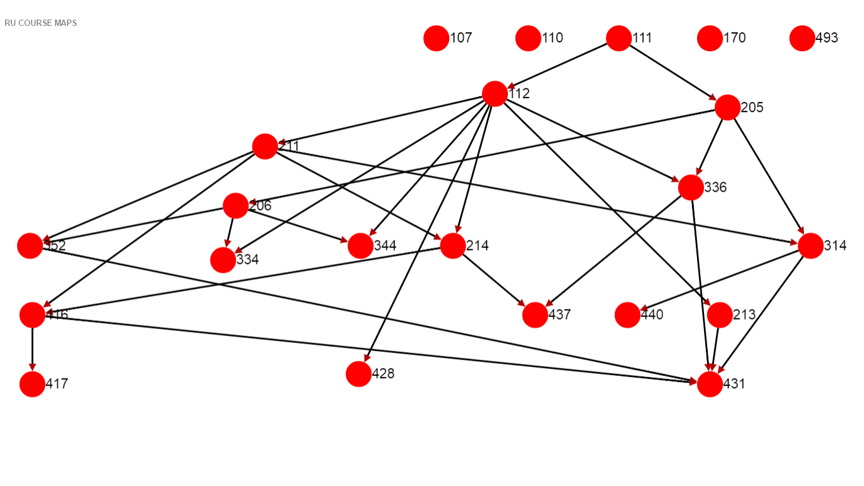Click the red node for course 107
pos(436,38)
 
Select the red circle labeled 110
pos(528,38)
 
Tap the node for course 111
pos(619,38)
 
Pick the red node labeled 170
pos(710,38)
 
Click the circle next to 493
pos(802,38)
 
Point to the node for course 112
pos(495,94)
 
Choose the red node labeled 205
pos(727,108)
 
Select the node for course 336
pos(691,187)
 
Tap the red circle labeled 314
pos(811,246)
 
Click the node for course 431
pos(710,384)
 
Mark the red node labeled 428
pos(359,374)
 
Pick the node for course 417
pos(32,384)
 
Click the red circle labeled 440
pos(627,315)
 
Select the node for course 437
pos(535,315)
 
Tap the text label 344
pos(385,246)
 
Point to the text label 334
pos(247,260)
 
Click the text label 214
pos(477,246)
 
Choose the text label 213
pos(744,315)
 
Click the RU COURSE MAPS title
pos(40,23)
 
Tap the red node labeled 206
pos(235,206)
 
